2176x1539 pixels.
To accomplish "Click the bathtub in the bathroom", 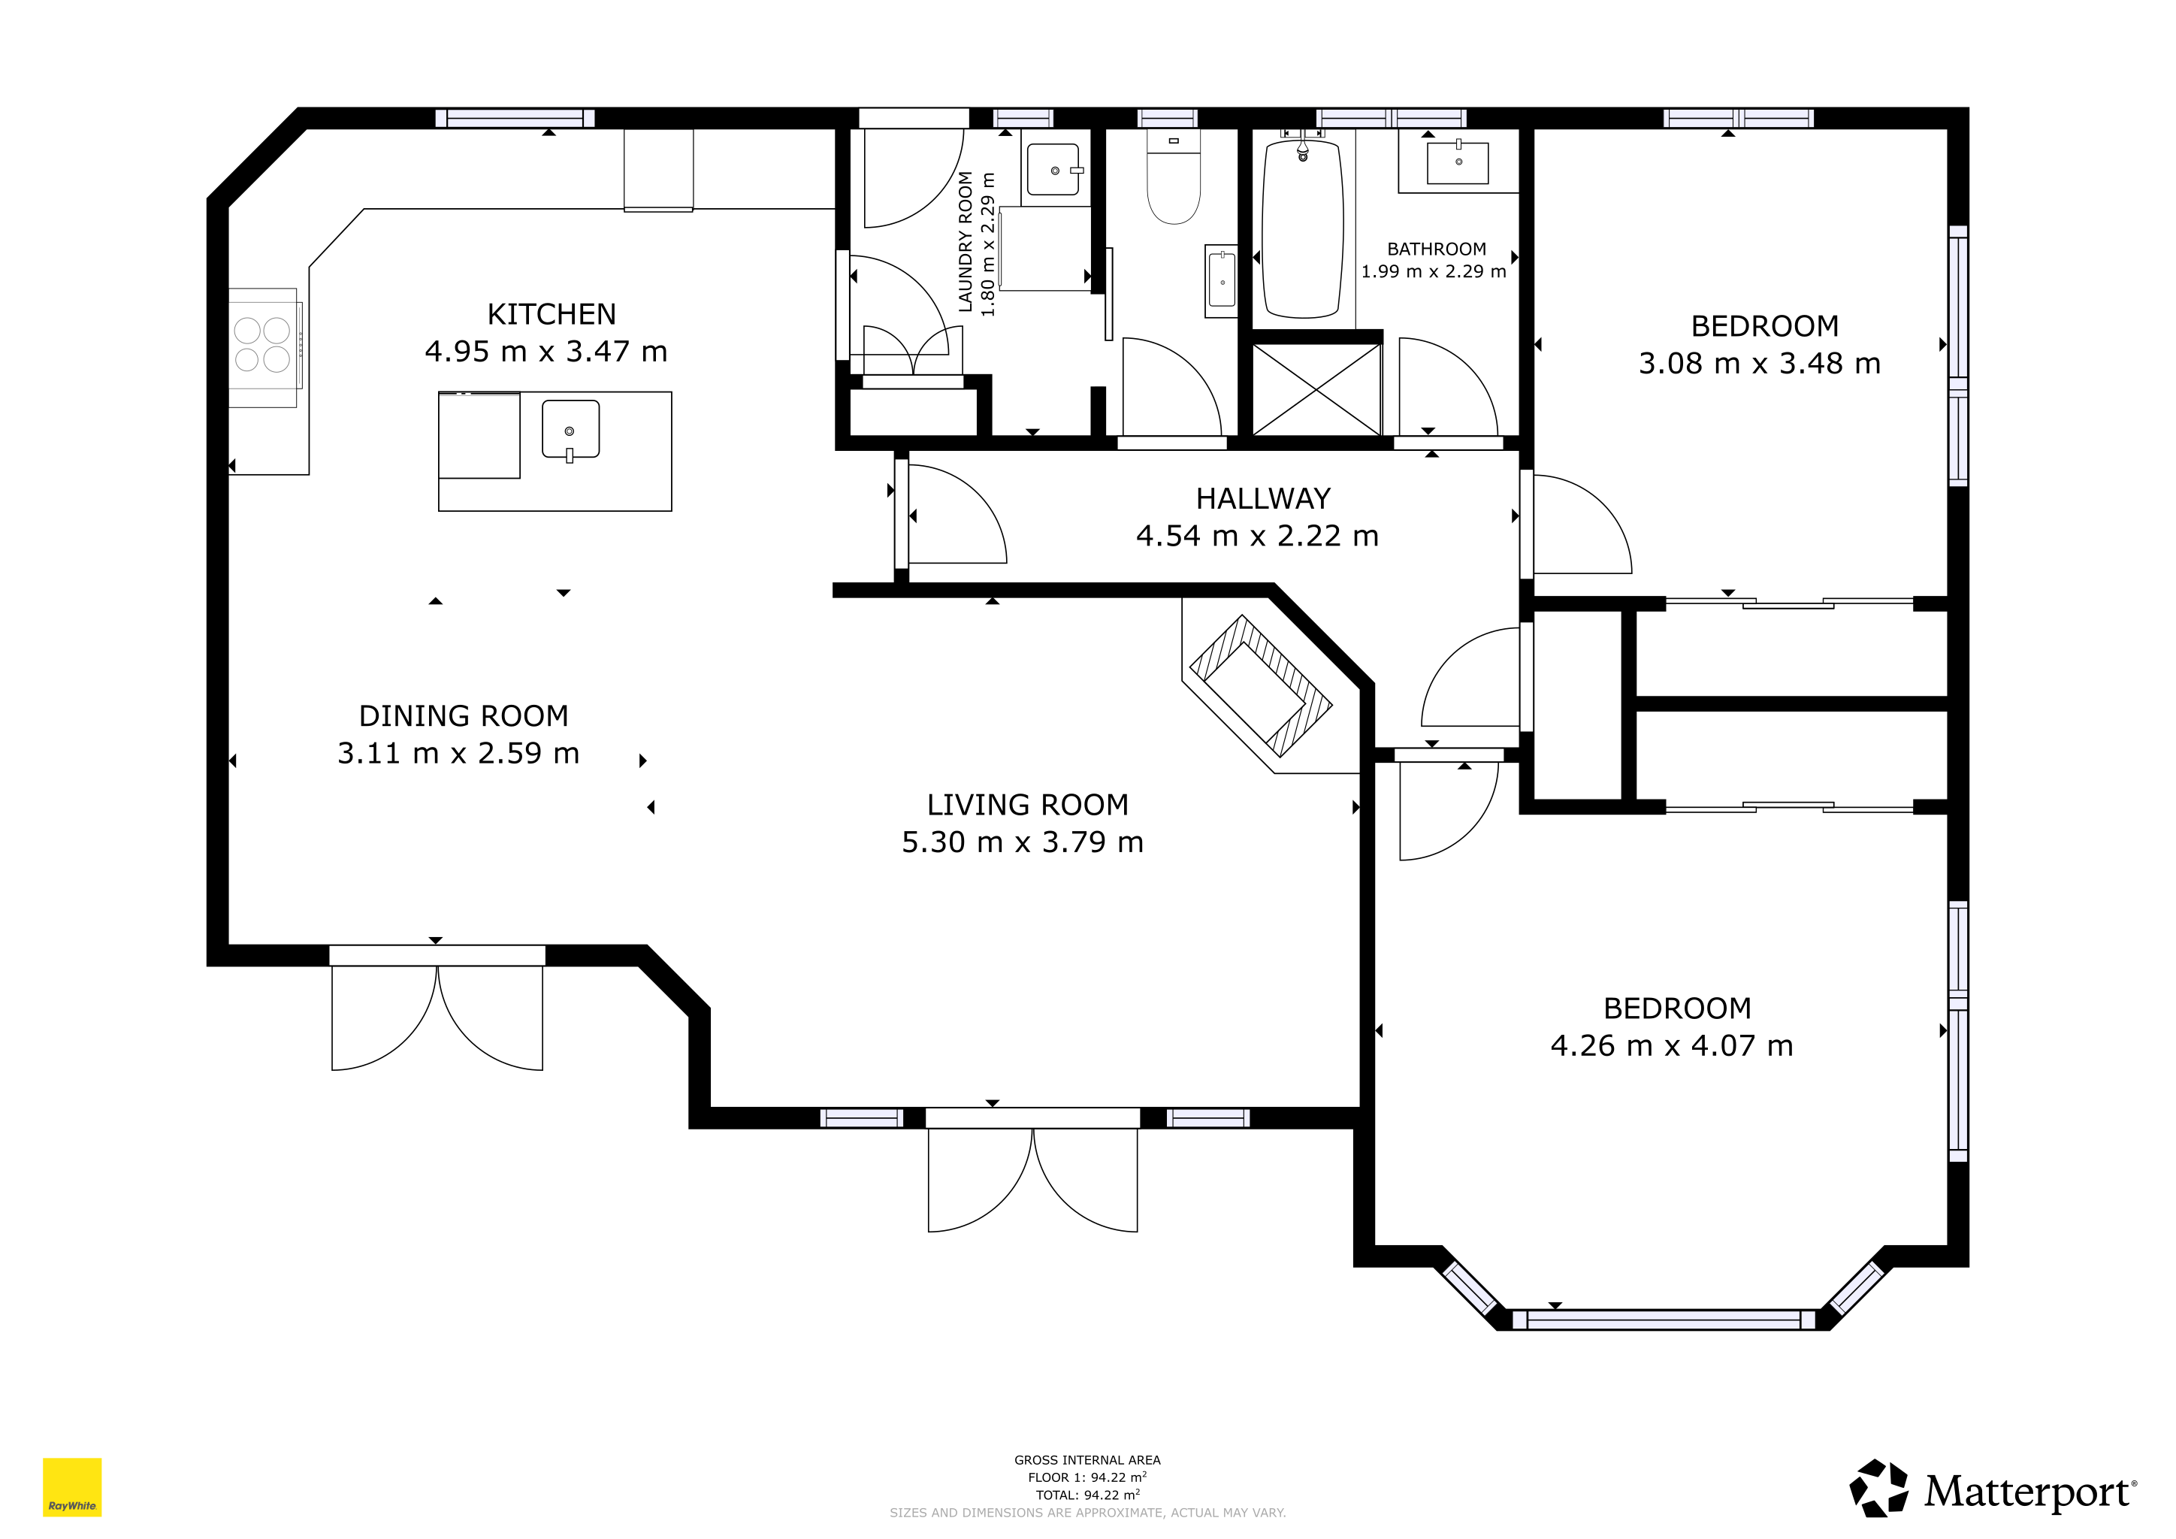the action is coord(1303,228).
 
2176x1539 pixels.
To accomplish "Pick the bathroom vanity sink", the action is coord(1458,162).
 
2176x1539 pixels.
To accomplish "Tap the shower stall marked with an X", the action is coord(1316,389).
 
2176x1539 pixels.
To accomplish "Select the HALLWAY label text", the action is coord(1262,498).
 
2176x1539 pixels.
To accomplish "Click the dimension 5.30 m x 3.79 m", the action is coord(1023,842).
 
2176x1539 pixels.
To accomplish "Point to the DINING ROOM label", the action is coord(464,715).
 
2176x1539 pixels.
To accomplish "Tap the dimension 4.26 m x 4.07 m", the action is coord(1672,1045).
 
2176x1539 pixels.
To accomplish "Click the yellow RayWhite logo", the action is coord(72,1487).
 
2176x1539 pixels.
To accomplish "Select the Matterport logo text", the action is coord(2029,1492).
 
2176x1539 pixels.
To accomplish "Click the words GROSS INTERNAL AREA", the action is coord(1087,1460).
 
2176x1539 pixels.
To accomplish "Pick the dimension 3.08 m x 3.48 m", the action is coord(1760,363).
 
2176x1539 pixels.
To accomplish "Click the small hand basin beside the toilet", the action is coord(1222,280).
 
